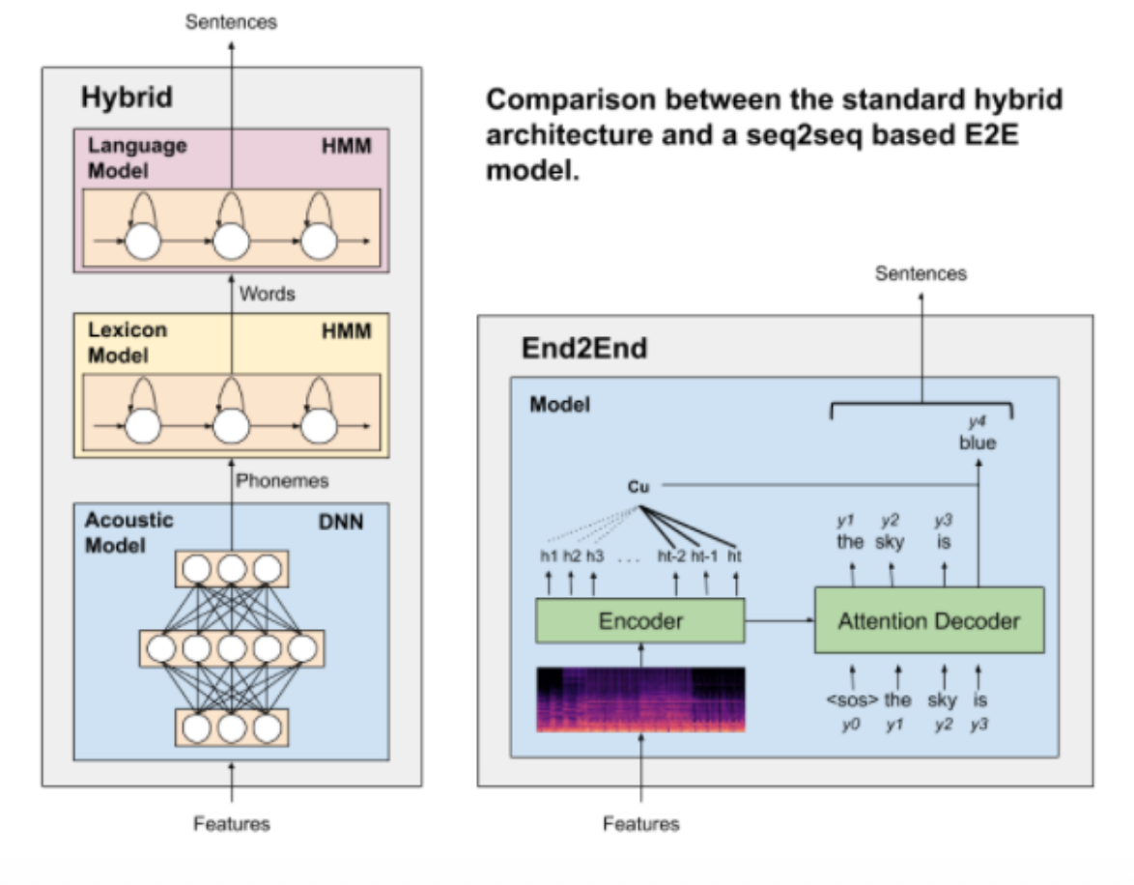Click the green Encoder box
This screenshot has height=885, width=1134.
tap(640, 620)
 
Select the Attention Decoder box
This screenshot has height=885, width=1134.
tap(928, 620)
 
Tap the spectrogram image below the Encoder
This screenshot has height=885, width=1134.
tap(640, 699)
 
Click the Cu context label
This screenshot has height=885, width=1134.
tap(638, 487)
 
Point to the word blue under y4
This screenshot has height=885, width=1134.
tap(978, 443)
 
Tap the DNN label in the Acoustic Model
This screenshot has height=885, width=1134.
tap(341, 522)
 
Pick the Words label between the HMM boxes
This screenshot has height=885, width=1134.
tap(267, 293)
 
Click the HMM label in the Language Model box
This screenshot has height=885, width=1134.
tap(348, 146)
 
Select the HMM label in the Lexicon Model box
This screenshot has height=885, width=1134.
tap(348, 331)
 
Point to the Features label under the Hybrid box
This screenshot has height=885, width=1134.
tap(232, 824)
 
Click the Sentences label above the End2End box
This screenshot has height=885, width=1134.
tap(921, 274)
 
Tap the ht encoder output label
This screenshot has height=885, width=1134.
tap(735, 557)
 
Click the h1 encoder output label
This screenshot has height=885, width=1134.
tap(549, 557)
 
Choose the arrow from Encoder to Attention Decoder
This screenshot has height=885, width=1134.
tap(780, 621)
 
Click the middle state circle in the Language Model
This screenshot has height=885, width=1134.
tap(232, 241)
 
